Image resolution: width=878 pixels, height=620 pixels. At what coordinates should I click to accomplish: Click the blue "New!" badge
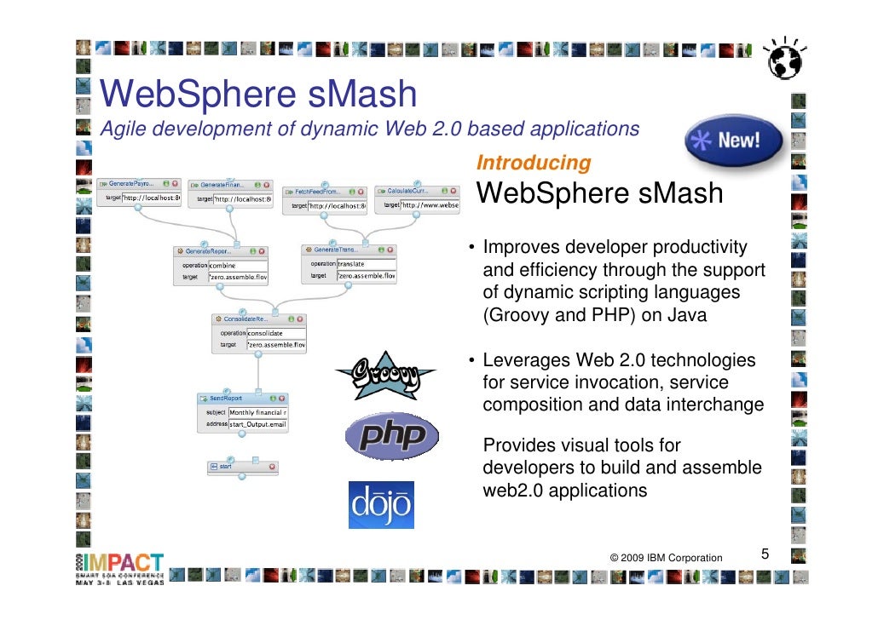735,141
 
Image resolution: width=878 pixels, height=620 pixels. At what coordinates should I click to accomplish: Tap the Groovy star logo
384,375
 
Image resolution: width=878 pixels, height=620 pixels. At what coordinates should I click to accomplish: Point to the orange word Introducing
534,163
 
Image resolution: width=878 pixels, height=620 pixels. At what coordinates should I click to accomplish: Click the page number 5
765,555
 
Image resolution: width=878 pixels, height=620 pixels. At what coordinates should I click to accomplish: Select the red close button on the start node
272,467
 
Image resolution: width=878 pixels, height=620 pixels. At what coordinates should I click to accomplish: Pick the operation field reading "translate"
365,264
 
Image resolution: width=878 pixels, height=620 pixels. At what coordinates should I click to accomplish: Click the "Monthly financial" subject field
257,412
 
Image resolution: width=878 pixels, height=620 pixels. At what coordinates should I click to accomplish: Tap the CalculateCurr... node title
407,192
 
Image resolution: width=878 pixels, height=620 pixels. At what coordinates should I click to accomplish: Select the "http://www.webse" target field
430,205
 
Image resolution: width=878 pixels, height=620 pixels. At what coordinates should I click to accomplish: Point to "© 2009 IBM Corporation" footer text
666,558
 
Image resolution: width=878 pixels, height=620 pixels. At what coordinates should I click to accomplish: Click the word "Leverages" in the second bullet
521,360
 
